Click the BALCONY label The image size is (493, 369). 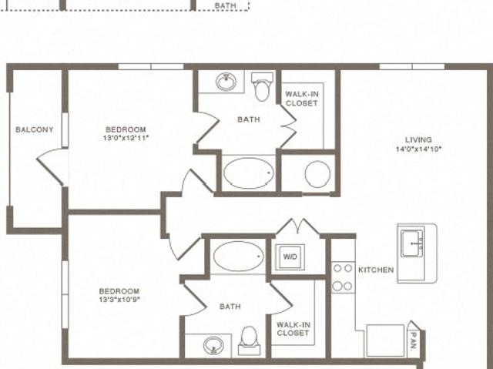(x=35, y=129)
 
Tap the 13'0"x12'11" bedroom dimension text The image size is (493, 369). (x=126, y=138)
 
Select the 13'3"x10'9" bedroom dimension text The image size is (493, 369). (x=119, y=300)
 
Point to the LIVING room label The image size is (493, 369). (x=418, y=140)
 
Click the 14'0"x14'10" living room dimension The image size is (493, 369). (x=419, y=149)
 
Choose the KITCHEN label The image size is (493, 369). (x=376, y=270)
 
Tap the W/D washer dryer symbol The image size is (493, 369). (x=290, y=257)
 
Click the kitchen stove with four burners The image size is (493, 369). (x=343, y=277)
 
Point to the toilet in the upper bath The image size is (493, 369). (x=262, y=86)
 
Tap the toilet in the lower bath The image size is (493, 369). (x=250, y=341)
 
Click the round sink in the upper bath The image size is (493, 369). (x=226, y=82)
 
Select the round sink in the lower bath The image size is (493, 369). (x=213, y=346)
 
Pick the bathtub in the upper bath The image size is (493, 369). (x=248, y=173)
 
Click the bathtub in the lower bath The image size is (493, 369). (x=239, y=257)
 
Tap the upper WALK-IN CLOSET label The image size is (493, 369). (x=301, y=99)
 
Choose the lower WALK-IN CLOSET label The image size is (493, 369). (x=293, y=329)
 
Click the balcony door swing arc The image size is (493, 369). (x=47, y=152)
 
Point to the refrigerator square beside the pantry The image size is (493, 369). (x=385, y=340)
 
